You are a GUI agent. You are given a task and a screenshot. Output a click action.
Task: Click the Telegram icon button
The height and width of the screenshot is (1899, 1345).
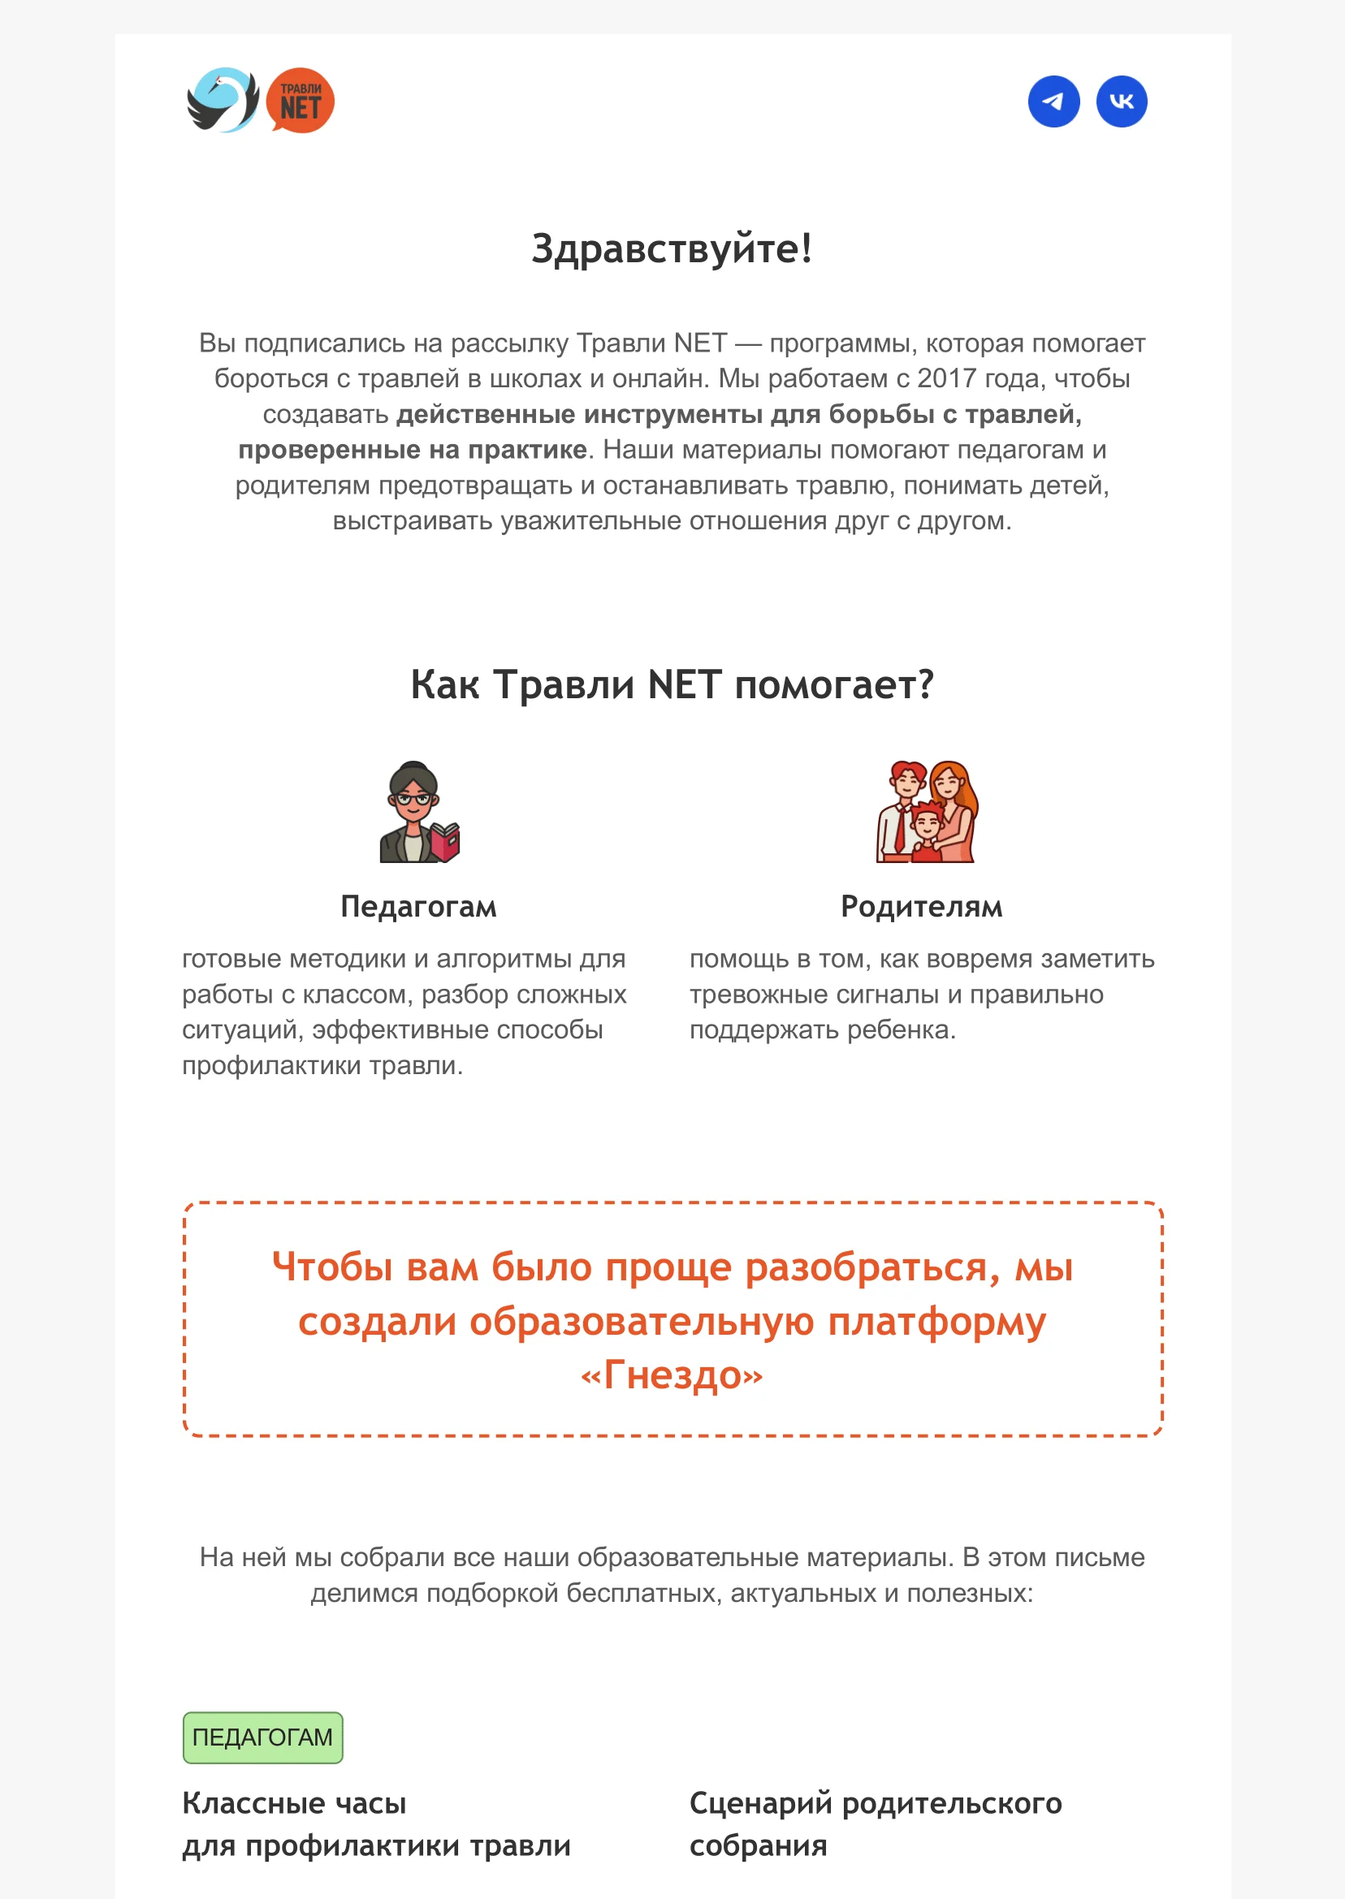pos(1053,101)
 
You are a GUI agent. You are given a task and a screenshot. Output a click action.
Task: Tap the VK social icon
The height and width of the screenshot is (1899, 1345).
pos(1122,101)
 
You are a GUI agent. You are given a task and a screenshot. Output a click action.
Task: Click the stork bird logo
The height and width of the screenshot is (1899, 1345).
pos(222,100)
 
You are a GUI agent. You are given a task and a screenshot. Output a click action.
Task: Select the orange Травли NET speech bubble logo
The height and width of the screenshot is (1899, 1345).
pos(300,101)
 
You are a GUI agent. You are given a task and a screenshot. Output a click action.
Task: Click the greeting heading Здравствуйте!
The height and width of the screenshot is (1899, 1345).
pos(672,248)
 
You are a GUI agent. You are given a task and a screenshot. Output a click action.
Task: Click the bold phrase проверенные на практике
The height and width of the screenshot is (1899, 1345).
pos(413,450)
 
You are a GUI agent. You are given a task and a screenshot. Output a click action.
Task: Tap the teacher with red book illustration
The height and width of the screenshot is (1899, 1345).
pos(418,812)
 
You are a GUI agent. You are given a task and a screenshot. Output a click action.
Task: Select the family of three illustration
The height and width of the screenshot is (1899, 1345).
pos(927,812)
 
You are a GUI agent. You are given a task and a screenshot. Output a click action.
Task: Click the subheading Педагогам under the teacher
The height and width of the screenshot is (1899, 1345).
pos(418,906)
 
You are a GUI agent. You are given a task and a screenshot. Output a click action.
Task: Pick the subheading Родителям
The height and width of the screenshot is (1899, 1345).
pos(921,906)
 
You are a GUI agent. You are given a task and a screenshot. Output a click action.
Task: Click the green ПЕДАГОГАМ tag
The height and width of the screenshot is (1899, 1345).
pos(262,1737)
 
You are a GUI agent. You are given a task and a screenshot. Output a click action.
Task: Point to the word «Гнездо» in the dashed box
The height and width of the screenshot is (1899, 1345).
pos(672,1375)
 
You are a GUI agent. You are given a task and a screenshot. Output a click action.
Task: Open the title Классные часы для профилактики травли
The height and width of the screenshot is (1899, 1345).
pos(376,1824)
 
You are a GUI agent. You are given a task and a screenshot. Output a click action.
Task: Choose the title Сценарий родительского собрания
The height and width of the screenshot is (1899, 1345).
pos(875,1824)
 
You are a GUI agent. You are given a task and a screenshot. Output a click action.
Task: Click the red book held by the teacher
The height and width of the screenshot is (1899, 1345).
pos(445,842)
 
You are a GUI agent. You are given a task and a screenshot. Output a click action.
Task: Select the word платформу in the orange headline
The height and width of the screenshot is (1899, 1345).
pos(936,1321)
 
